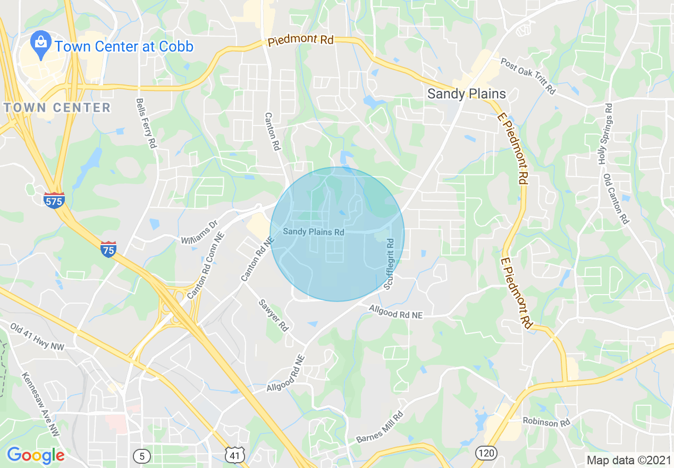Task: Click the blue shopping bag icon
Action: coord(40,46)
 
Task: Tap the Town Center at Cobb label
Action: coord(124,46)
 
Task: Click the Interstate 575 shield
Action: coord(54,200)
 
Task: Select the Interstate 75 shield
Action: coord(108,249)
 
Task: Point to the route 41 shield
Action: coord(235,455)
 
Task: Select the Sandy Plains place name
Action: coord(467,94)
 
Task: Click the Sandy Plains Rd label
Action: coord(313,232)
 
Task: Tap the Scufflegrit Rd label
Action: coord(390,264)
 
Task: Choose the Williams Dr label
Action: coord(200,233)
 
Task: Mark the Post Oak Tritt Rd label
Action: coord(528,76)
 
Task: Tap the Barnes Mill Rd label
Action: coord(380,428)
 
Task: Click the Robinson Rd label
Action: coord(546,422)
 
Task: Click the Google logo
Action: coord(36,455)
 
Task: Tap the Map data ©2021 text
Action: coord(628,459)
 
